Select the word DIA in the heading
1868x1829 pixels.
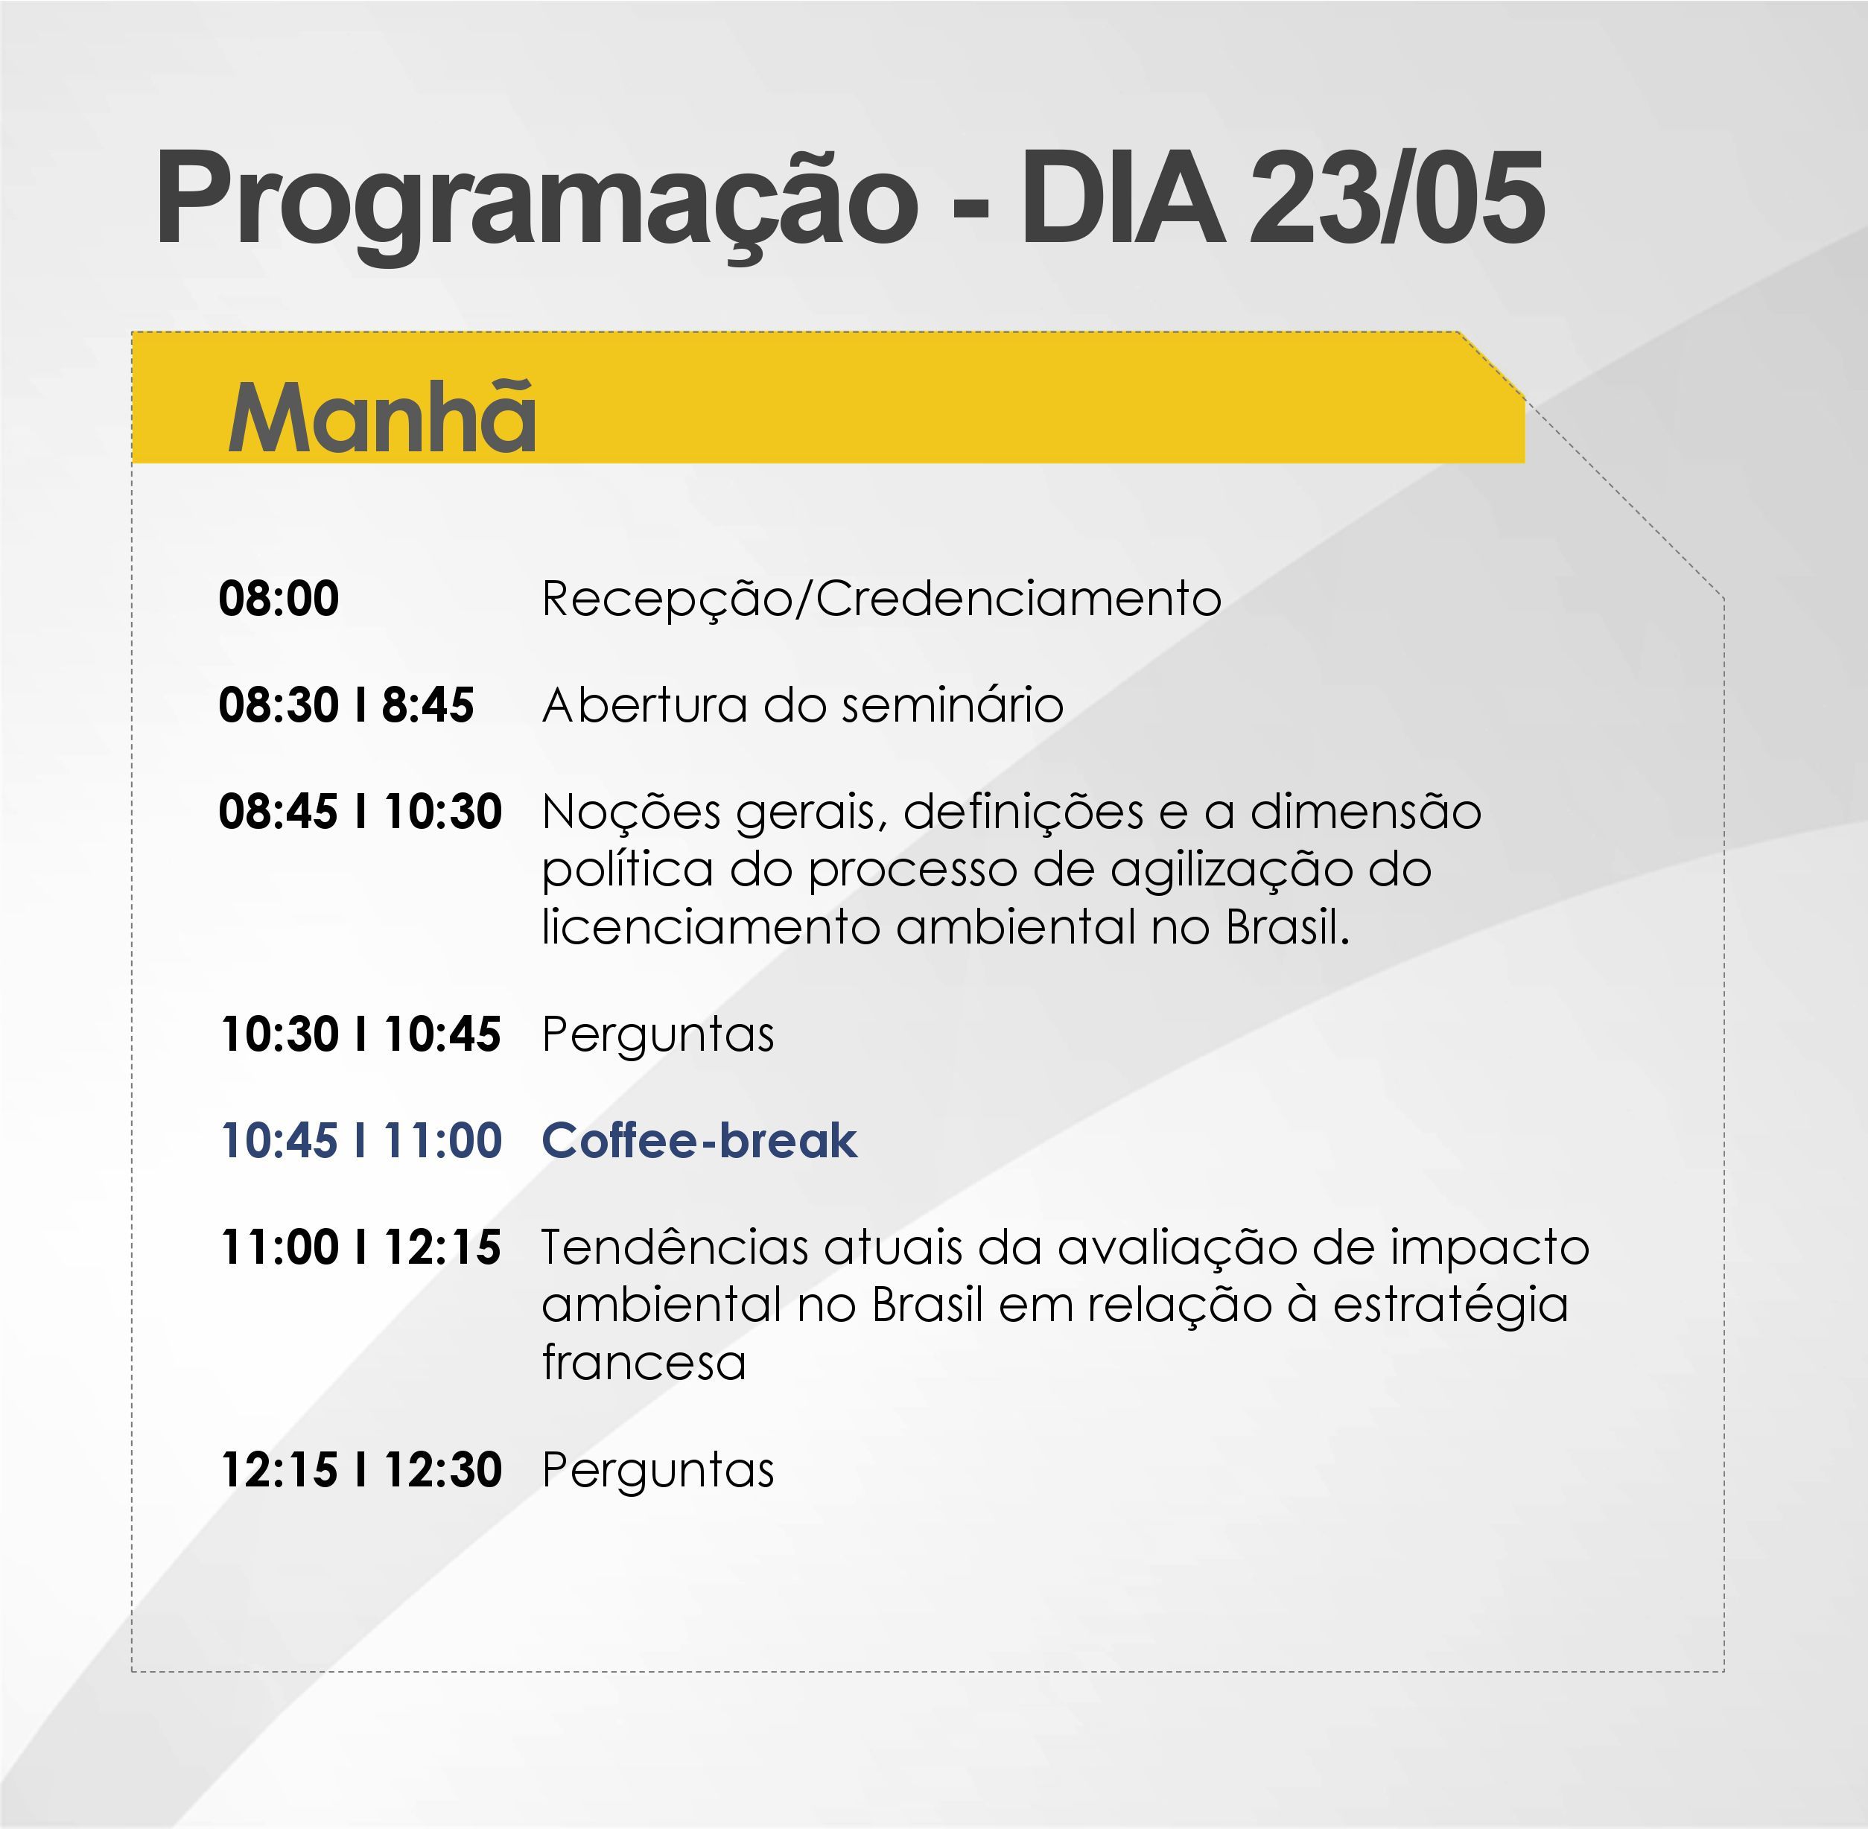coord(1122,197)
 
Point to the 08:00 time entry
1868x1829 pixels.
coord(279,599)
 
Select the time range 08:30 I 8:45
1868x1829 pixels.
coord(346,705)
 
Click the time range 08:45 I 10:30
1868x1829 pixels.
coord(360,812)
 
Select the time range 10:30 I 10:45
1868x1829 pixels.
coord(360,1034)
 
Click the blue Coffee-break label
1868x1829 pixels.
coord(699,1141)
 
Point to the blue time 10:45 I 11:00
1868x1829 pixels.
coord(361,1141)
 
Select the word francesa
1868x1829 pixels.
coord(644,1362)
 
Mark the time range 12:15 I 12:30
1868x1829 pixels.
coord(361,1470)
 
